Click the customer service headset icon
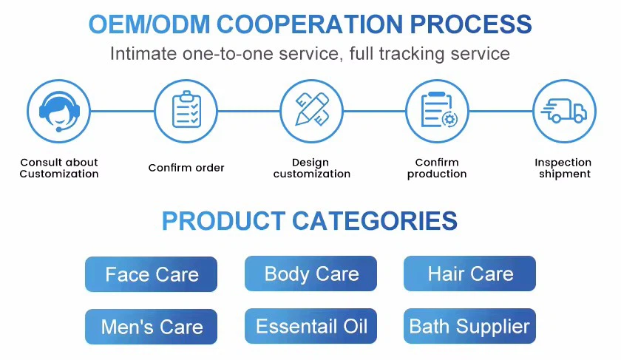click(x=58, y=111)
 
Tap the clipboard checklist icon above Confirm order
click(x=186, y=111)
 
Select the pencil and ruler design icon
click(x=311, y=111)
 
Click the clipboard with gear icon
click(x=438, y=111)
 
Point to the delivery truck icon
click(x=564, y=111)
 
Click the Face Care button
click(x=152, y=275)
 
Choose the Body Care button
click(x=310, y=274)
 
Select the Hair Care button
click(x=469, y=274)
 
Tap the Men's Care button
click(x=152, y=327)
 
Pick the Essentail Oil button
click(x=310, y=326)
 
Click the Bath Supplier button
click(x=469, y=326)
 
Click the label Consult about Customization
click(x=59, y=168)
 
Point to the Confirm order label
click(x=186, y=168)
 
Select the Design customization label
click(x=311, y=168)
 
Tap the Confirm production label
click(x=437, y=168)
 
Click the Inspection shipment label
click(x=563, y=168)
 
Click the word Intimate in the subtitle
click(x=141, y=54)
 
